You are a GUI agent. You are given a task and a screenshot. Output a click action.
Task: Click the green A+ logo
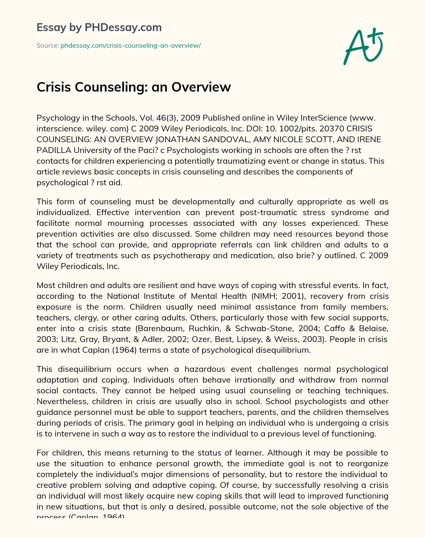click(363, 46)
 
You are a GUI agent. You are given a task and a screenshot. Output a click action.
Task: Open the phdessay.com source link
click(130, 46)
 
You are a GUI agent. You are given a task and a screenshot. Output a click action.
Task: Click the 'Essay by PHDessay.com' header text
click(99, 27)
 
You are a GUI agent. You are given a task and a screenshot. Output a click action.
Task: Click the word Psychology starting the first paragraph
click(56, 118)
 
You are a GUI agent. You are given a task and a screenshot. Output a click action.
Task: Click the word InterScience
click(318, 118)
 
